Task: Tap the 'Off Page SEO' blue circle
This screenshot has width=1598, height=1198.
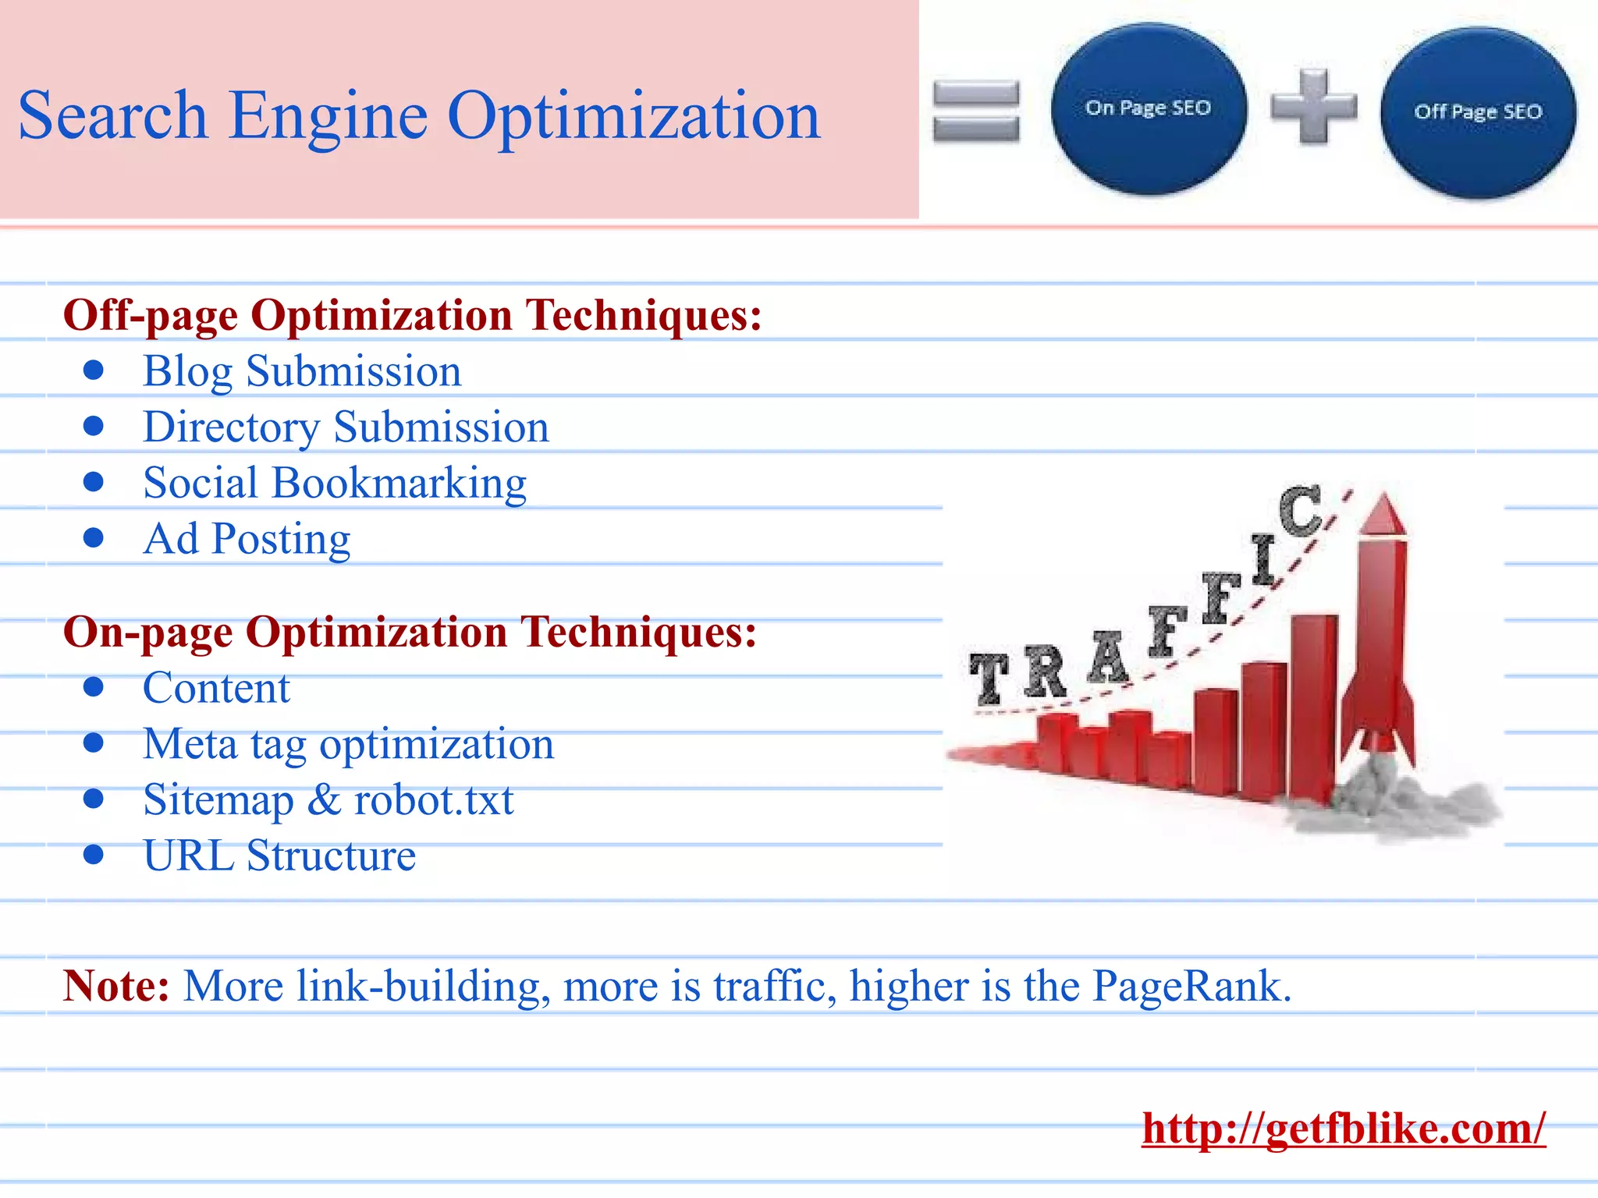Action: [x=1478, y=112]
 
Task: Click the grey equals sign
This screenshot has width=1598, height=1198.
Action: [x=976, y=112]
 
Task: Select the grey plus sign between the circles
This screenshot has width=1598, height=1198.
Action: [x=1313, y=107]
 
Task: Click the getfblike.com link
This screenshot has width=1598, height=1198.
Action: [x=1344, y=1128]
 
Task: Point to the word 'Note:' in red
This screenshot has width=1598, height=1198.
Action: [x=116, y=986]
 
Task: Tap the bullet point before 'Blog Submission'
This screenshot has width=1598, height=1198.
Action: [x=94, y=370]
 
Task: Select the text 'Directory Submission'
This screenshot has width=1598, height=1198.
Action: [x=346, y=427]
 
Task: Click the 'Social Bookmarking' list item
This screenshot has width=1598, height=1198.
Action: [x=335, y=484]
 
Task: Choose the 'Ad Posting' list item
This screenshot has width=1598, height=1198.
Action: [x=247, y=539]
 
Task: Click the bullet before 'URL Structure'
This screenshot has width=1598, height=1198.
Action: [x=94, y=855]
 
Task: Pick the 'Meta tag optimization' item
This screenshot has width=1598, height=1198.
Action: [x=348, y=744]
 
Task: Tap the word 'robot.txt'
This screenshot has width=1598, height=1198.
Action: [x=434, y=800]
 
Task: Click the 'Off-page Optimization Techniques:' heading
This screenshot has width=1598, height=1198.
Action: [x=412, y=315]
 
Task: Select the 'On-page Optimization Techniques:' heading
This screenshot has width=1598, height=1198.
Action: [x=410, y=632]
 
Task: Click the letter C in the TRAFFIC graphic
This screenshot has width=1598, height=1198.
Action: [x=1300, y=511]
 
